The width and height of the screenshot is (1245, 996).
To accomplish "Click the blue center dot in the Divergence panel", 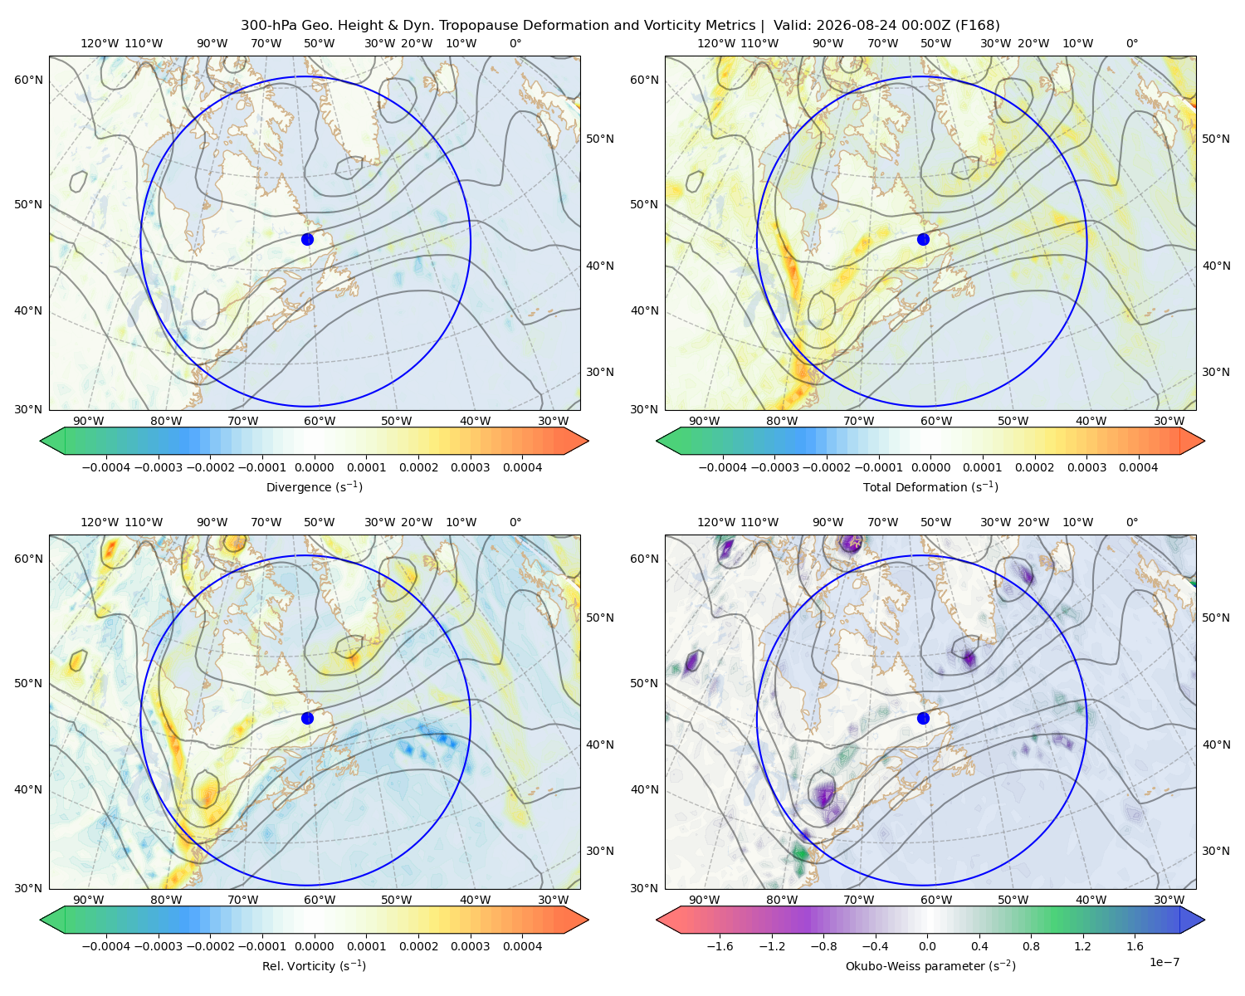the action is pyautogui.click(x=307, y=239).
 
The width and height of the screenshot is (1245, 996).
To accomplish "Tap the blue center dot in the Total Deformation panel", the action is pyautogui.click(x=923, y=239).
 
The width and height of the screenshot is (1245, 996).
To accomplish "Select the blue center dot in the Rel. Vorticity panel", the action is pyautogui.click(x=307, y=718).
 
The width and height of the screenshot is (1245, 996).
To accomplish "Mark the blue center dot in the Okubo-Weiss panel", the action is pyautogui.click(x=923, y=718).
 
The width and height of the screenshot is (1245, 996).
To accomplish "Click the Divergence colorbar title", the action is pyautogui.click(x=314, y=486).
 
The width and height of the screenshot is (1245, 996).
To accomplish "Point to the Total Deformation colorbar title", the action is pyautogui.click(x=930, y=486).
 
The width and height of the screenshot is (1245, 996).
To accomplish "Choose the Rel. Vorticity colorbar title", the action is pyautogui.click(x=314, y=965).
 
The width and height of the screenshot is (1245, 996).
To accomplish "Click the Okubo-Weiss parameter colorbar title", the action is pyautogui.click(x=930, y=965).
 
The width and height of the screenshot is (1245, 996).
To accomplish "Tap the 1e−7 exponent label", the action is pyautogui.click(x=1164, y=962).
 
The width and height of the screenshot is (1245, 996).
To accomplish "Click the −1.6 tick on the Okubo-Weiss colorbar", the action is pyautogui.click(x=720, y=946).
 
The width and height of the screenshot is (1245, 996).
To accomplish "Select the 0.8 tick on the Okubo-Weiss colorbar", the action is pyautogui.click(x=1031, y=946).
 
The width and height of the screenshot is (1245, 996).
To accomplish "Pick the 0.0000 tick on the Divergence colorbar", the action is pyautogui.click(x=314, y=467).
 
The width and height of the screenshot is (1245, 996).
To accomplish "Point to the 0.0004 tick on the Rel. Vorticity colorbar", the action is pyautogui.click(x=522, y=946).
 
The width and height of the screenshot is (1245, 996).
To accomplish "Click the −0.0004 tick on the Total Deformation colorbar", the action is pyautogui.click(x=723, y=467).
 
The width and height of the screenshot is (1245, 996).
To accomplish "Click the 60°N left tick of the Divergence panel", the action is pyautogui.click(x=28, y=80).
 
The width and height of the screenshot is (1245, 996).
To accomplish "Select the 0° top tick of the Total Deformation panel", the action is pyautogui.click(x=1131, y=43).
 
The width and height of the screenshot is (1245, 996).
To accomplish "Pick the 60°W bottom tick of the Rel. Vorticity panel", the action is pyautogui.click(x=320, y=900).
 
